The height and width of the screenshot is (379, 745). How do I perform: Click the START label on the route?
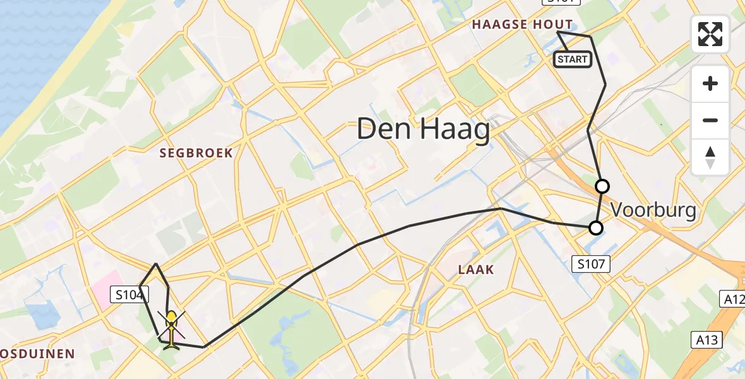572,59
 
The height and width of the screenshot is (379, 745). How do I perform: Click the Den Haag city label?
423,130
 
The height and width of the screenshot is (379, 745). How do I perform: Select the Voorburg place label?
653,210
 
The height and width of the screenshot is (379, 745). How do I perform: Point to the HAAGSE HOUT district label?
523,25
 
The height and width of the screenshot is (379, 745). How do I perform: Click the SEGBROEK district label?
196,153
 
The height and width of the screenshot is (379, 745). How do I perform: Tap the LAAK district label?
476,270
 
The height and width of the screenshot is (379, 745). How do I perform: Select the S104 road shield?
129,294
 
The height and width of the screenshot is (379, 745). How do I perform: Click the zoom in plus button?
710,84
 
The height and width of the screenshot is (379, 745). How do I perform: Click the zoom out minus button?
710,121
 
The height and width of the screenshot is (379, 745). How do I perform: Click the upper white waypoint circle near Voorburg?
602,186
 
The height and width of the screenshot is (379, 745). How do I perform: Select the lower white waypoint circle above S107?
595,227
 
